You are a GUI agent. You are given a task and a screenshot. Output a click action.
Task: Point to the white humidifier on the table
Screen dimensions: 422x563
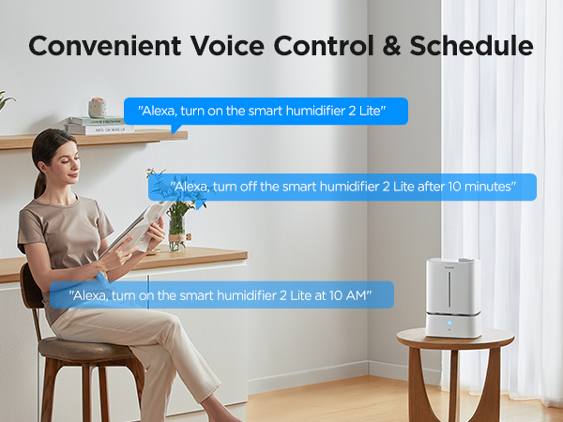click(453, 296)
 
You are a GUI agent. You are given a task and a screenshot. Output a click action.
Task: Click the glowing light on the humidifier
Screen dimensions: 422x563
click(448, 322)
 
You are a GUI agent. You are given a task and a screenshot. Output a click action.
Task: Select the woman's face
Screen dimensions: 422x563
click(68, 155)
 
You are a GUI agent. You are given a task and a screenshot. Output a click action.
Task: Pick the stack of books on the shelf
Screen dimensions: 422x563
click(99, 125)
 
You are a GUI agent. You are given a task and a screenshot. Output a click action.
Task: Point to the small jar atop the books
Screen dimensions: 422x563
click(97, 107)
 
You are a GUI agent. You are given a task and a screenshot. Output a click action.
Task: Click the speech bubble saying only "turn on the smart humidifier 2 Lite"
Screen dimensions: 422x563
click(266, 112)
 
